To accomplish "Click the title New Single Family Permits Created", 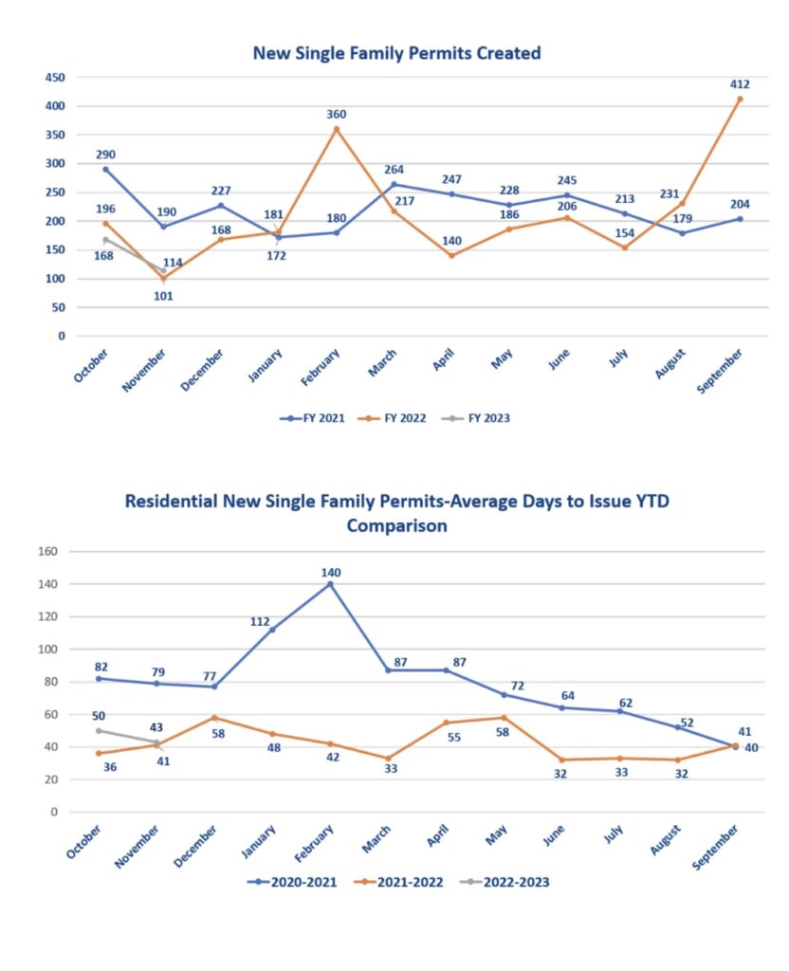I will pyautogui.click(x=395, y=53).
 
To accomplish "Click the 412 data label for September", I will pyautogui.click(x=740, y=83).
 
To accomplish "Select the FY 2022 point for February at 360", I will pyautogui.click(x=336, y=129).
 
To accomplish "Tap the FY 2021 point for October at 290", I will pyautogui.click(x=105, y=169).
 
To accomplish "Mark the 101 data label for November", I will pyautogui.click(x=163, y=295).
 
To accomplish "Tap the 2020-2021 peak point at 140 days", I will pyautogui.click(x=330, y=584).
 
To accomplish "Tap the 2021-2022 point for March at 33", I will pyautogui.click(x=388, y=759).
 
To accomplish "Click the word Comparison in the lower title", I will pyautogui.click(x=396, y=525).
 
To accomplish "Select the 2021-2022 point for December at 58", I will pyautogui.click(x=214, y=718).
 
